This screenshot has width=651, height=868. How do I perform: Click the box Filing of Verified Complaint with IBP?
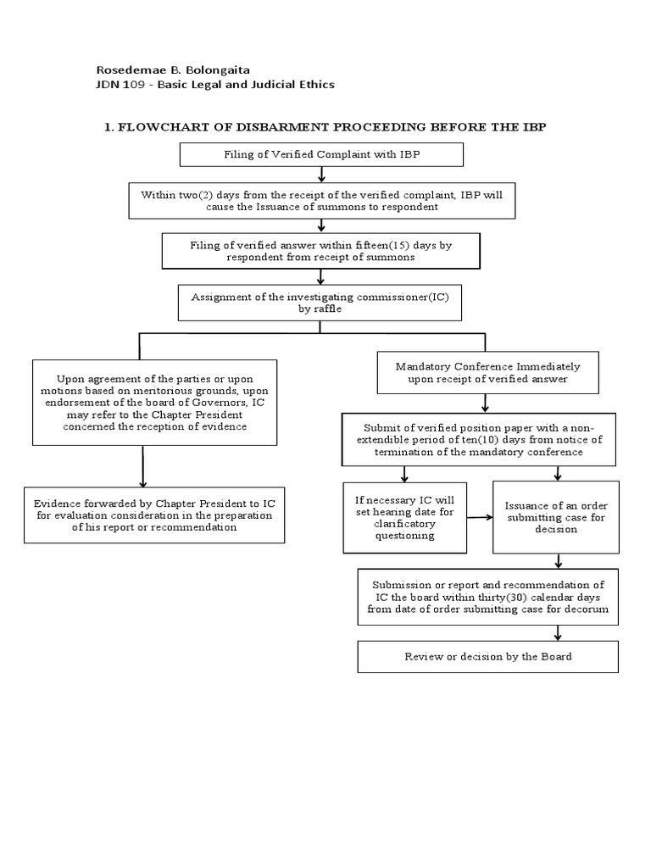pyautogui.click(x=321, y=154)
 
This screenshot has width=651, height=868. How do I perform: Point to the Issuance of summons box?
pyautogui.click(x=321, y=201)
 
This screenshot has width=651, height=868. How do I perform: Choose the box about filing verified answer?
pyautogui.click(x=321, y=251)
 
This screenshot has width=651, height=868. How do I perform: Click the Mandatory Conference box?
pyautogui.click(x=487, y=373)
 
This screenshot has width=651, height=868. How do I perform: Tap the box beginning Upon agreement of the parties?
pyautogui.click(x=153, y=403)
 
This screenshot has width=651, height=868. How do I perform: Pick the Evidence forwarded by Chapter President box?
pyautogui.click(x=153, y=515)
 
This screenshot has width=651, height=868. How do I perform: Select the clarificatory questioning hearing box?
pyautogui.click(x=404, y=517)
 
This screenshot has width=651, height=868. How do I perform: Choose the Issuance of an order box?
pyautogui.click(x=556, y=517)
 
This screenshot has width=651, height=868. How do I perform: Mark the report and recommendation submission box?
pyautogui.click(x=488, y=597)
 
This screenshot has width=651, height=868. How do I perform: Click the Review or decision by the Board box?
pyautogui.click(x=488, y=656)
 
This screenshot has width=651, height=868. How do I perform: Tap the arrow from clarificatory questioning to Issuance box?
pyautogui.click(x=480, y=517)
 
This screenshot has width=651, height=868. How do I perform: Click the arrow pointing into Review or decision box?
pyautogui.click(x=558, y=632)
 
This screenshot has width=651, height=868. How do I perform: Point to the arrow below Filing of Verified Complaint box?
pyautogui.click(x=321, y=175)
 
